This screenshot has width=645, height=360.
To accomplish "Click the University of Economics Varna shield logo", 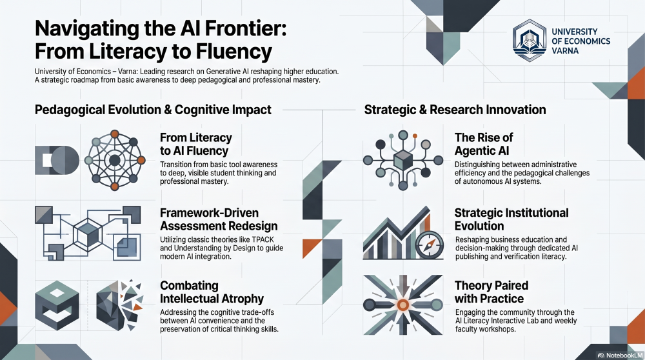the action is [530, 40].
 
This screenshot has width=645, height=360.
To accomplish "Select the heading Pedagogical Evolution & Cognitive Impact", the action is [153, 110].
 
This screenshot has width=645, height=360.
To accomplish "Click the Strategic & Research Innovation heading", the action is [455, 110].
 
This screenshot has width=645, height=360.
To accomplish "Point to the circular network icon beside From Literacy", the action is [115, 160].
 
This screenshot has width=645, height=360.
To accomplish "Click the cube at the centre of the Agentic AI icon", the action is [403, 160].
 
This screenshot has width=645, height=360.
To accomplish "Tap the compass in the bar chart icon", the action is [430, 245].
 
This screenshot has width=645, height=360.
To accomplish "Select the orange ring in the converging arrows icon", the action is [403, 305].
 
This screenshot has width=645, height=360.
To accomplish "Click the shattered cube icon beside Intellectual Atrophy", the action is [119, 305].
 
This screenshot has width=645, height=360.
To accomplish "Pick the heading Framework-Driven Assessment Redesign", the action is [219, 219].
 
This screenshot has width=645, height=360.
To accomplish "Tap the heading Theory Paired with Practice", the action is [491, 292].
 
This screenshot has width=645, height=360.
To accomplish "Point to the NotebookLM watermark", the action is [620, 355].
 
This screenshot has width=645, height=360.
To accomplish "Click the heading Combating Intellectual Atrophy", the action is [212, 292].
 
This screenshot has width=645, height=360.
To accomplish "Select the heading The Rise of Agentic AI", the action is [484, 144].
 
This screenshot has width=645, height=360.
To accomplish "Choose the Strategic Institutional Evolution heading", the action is [511, 219].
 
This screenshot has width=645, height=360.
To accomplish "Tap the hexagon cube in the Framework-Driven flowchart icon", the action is [88, 234].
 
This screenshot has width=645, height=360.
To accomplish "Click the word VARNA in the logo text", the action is [565, 51].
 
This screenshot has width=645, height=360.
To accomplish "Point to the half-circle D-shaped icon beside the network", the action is [57, 160].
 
